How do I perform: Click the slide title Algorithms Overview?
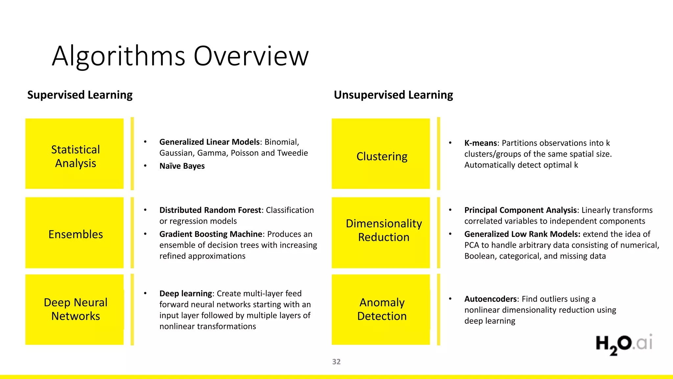pos(180,56)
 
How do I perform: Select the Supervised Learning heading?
pos(80,95)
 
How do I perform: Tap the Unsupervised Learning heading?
pos(393,95)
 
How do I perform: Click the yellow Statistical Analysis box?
pos(75,154)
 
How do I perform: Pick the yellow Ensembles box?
pos(75,233)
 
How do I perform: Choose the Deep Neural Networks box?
pos(75,309)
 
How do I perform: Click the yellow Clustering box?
pos(381,154)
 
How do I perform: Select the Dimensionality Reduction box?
pos(381,233)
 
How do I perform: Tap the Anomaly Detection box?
pos(381,309)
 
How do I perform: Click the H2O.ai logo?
pos(624,344)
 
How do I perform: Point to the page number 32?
pos(336,362)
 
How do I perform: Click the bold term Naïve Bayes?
pos(182,166)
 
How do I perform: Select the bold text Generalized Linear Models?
pos(209,142)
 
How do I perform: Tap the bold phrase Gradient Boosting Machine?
pos(211,234)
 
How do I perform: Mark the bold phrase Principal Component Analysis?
pos(521,210)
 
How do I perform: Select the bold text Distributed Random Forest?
pos(210,210)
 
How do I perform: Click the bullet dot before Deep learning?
pos(145,293)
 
